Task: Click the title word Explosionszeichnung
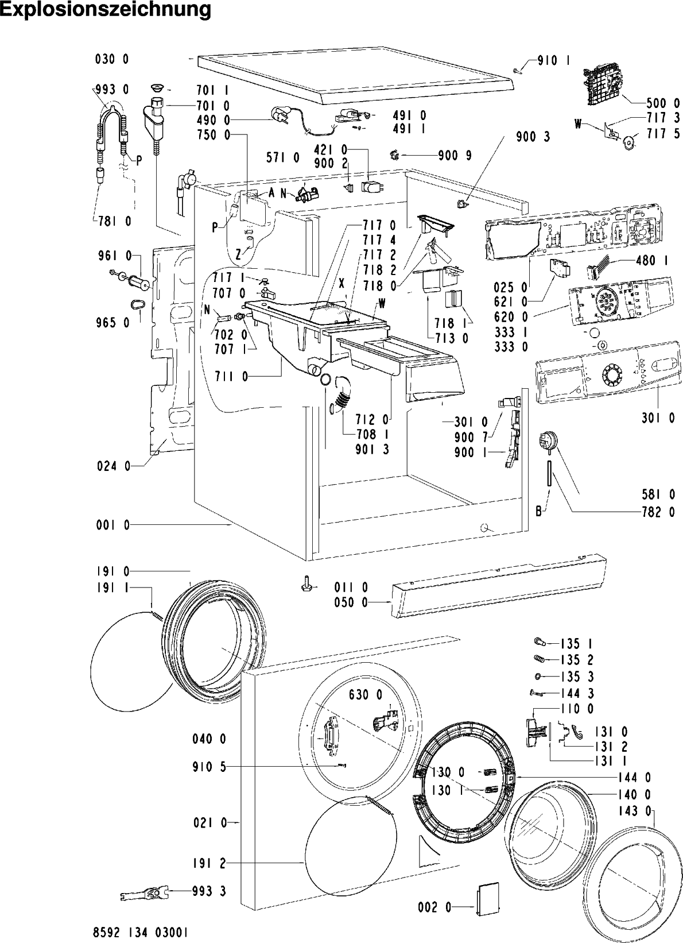tap(106, 10)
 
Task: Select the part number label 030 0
tap(112, 59)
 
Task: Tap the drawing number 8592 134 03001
tap(140, 933)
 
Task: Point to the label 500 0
tap(663, 103)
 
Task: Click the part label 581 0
tap(658, 494)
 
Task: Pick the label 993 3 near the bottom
tap(209, 903)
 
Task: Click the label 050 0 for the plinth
tap(351, 602)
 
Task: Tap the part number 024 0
tap(114, 466)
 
